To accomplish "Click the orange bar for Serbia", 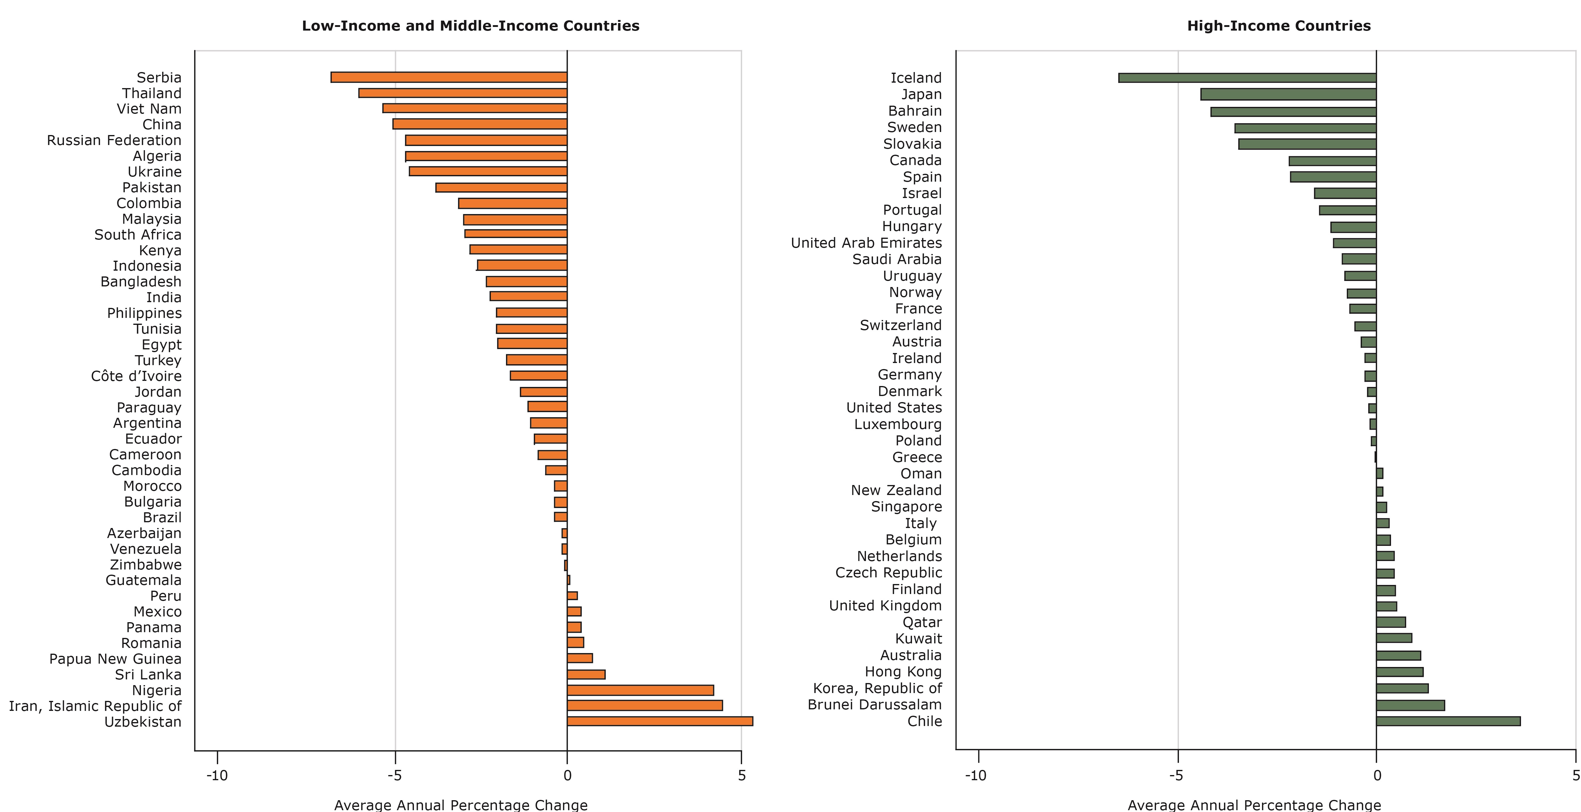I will point(449,77).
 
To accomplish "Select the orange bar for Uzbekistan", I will point(660,721).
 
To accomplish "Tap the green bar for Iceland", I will point(1247,78).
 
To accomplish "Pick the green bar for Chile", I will point(1448,721).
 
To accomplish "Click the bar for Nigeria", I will point(640,690).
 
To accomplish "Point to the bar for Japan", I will point(1288,94).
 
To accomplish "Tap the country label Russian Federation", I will point(114,140).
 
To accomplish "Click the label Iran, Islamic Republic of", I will point(95,706).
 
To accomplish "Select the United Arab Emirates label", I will point(866,243).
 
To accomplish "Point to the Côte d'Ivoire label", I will point(136,376).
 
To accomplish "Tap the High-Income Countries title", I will point(1278,26).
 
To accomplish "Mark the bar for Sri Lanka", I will point(586,675).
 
